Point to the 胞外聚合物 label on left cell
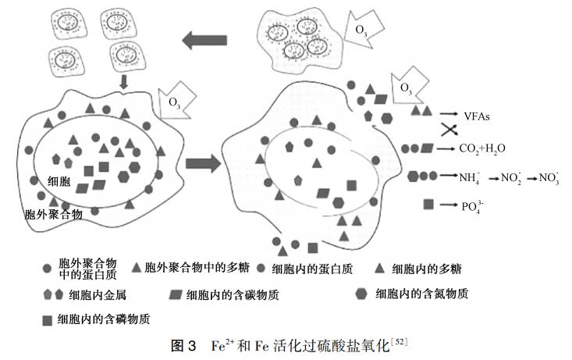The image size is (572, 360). [x=52, y=212]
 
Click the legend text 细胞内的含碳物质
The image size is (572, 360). [x=233, y=294]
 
